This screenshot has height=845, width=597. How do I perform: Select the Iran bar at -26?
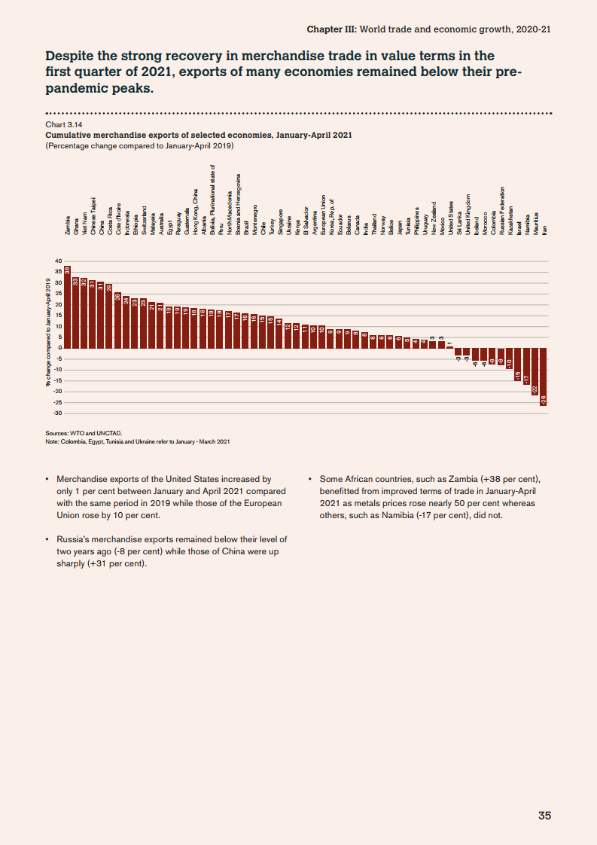(544, 377)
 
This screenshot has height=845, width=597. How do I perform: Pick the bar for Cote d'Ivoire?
(117, 320)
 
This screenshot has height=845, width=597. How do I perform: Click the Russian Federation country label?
(501, 211)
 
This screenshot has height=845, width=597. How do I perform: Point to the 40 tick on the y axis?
(58, 261)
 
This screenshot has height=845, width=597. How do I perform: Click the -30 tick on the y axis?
(57, 413)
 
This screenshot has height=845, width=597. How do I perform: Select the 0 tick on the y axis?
(59, 348)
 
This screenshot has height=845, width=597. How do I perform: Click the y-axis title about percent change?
(49, 331)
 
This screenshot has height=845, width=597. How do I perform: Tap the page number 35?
(544, 816)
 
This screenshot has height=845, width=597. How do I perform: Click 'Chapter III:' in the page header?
(332, 29)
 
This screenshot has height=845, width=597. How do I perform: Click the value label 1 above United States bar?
(449, 343)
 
